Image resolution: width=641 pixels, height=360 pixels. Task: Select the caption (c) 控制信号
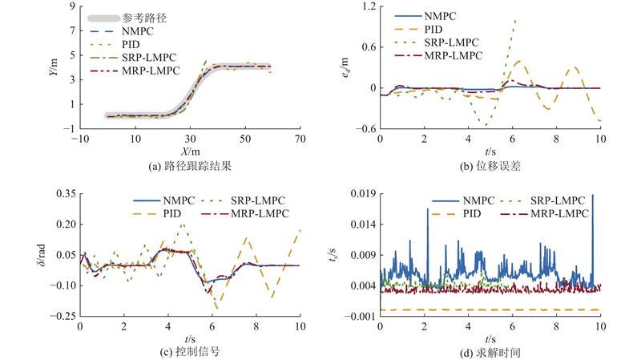[189, 350]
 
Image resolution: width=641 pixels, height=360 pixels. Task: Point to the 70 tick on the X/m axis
[300, 139]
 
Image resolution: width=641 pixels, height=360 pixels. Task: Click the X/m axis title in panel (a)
[189, 151]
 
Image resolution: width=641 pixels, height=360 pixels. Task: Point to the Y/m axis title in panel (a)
[51, 67]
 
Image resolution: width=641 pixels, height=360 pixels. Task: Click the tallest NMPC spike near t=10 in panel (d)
[593, 196]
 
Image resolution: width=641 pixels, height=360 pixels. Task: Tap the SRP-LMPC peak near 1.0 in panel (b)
[514, 21]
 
